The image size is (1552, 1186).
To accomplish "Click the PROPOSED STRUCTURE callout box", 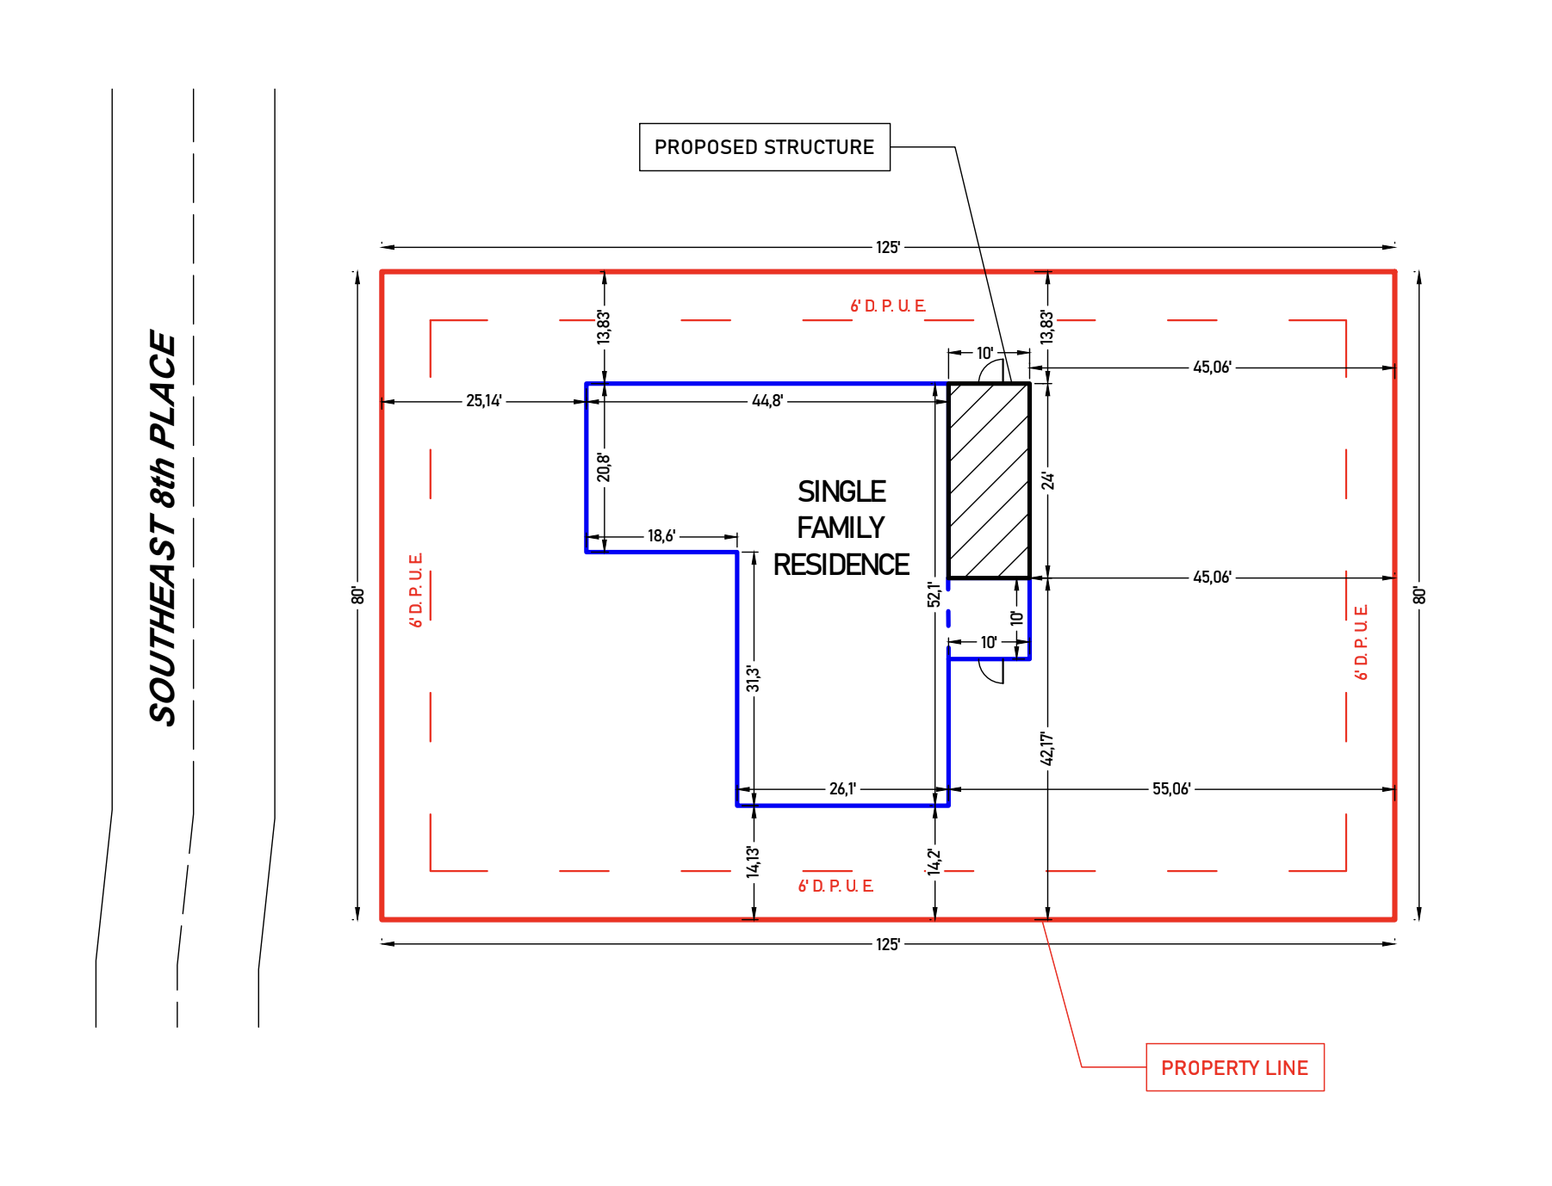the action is [764, 147].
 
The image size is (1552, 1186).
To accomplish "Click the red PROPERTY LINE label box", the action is [1234, 1067].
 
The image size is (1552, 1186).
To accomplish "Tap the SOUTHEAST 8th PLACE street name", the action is [163, 528].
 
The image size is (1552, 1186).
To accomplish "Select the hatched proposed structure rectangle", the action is [989, 480].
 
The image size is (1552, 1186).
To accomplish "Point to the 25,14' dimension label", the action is [484, 401].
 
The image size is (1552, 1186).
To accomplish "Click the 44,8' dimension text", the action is [767, 401].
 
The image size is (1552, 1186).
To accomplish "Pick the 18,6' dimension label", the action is [661, 536].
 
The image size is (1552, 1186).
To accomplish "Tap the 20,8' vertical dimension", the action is [604, 468].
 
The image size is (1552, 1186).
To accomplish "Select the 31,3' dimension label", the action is [754, 678].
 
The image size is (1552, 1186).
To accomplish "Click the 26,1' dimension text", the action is [842, 789].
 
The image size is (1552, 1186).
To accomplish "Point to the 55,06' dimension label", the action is [1171, 789].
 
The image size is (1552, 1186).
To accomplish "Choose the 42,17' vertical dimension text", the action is [1047, 748].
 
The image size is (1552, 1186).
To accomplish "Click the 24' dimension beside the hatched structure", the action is [1047, 480].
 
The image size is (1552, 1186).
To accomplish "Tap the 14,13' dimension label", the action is [754, 861].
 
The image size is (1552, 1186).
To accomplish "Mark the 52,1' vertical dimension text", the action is [934, 594].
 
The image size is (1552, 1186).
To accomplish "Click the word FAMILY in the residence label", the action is [841, 528].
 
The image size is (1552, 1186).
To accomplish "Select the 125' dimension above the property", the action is [888, 248].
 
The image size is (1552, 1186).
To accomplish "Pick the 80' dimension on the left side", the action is [358, 596].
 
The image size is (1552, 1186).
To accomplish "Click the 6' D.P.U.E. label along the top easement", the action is [888, 306].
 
